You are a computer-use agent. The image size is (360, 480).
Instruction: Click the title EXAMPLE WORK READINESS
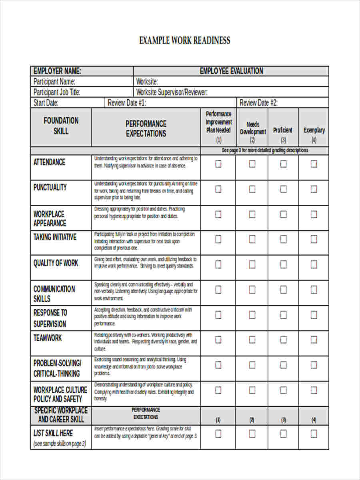pos(184,40)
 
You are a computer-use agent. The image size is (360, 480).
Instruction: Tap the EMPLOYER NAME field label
pos(57,71)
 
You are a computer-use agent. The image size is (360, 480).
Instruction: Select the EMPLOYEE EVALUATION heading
pos(231,71)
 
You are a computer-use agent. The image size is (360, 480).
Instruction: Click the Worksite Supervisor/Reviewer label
pos(172,92)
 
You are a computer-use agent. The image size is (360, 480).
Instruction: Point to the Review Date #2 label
pos(258,103)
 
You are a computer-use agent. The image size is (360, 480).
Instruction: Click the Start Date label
pos(46,103)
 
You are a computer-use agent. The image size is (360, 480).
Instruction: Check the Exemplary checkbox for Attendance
pos(314,164)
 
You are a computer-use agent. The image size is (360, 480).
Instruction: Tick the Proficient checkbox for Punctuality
pos(283,189)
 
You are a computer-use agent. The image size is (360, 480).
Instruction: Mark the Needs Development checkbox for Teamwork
pos(252,340)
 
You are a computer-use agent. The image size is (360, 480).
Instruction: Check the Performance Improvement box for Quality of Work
pos(218,264)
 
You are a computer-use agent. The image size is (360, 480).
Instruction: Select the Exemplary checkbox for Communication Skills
pos(314,290)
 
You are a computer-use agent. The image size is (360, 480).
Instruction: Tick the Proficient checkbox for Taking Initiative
pos(283,239)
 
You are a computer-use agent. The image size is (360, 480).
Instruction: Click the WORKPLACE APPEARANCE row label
pos(50,218)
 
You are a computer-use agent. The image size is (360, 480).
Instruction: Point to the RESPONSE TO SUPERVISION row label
pos(50,318)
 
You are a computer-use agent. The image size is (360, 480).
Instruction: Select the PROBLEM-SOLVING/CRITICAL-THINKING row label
pos(57,368)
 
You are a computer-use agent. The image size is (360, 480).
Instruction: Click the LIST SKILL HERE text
pos(53,433)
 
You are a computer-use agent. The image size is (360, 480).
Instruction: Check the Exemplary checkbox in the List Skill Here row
pos(314,434)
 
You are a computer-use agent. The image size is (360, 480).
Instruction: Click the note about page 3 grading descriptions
pos(265,150)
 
